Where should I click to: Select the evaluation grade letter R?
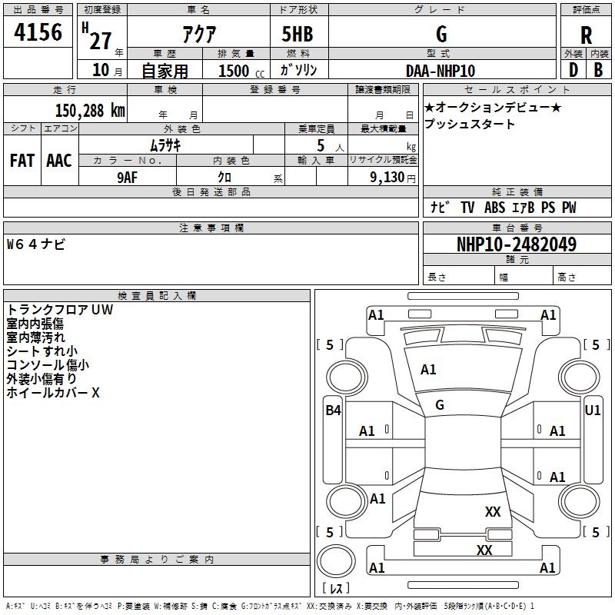coord(586,35)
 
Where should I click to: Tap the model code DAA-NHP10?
coord(440,71)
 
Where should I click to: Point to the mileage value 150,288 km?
coord(89,110)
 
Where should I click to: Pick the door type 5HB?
coord(298,35)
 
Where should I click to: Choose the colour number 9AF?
coord(128,176)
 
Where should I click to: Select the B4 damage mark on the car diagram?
coord(332,411)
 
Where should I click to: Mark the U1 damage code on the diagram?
coord(592,411)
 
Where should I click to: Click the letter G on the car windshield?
coord(440,404)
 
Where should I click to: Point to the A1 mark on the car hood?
coord(428,370)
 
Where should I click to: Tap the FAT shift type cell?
coord(22,161)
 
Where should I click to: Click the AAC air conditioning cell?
coord(58,161)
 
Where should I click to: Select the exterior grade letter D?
coord(573,71)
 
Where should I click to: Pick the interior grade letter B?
coord(598,71)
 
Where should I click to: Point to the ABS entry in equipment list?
coord(495,208)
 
